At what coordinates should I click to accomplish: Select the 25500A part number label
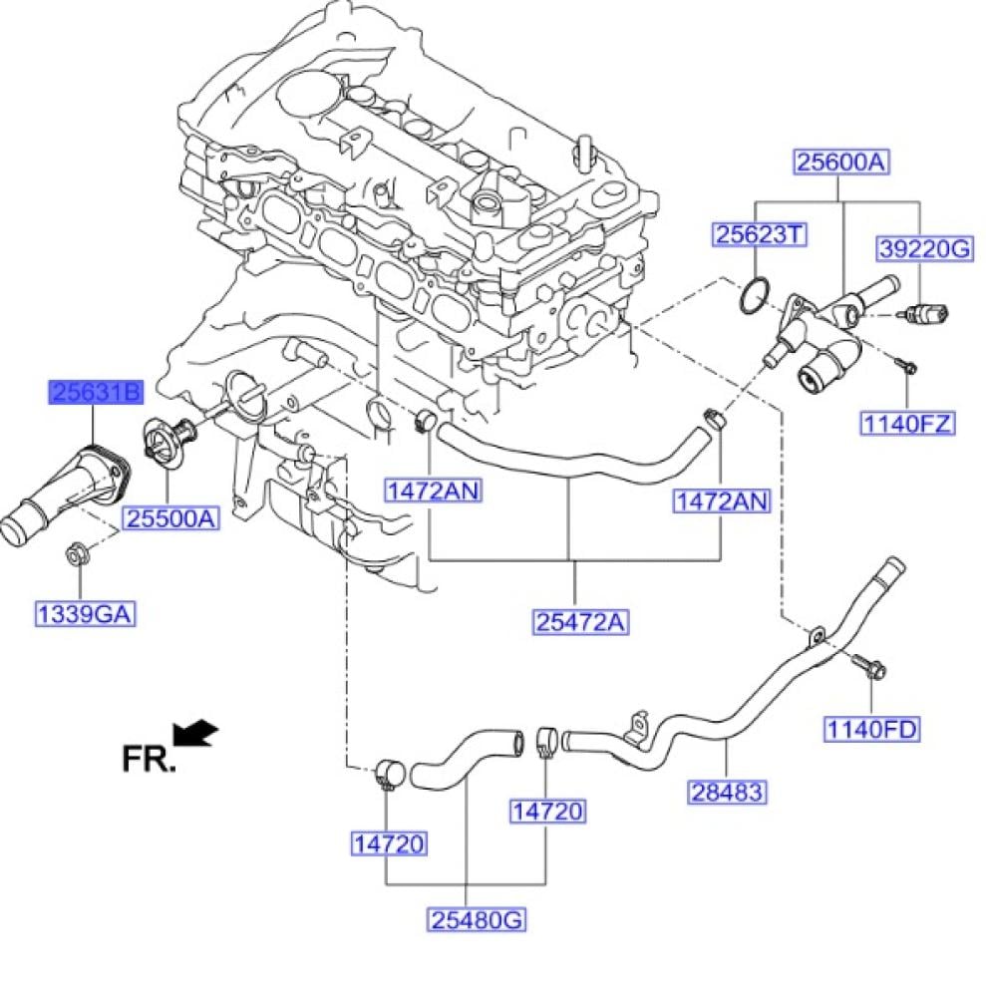[x=170, y=518]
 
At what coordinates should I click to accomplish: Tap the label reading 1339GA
[x=85, y=614]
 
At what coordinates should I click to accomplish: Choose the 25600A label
[x=840, y=162]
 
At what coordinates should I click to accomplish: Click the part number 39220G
[x=923, y=248]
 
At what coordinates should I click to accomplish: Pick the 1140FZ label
[x=907, y=424]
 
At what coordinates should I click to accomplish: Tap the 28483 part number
[x=728, y=792]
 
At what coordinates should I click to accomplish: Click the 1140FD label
[x=870, y=729]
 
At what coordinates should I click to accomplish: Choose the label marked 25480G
[x=478, y=919]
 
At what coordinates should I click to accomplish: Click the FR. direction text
[x=148, y=759]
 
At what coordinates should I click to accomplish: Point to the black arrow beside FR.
[x=196, y=735]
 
